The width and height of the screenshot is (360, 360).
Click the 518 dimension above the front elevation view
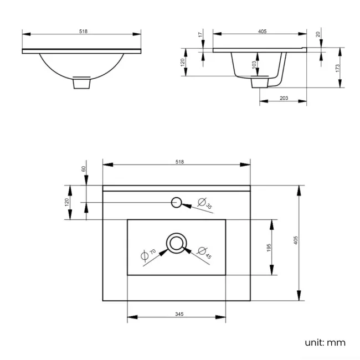pos(83,32)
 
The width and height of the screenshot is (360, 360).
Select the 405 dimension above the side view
pos(263,32)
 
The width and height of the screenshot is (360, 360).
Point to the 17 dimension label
pos(200,35)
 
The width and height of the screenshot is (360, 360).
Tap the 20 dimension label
pos(318,35)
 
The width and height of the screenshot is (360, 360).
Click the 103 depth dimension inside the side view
pos(254,65)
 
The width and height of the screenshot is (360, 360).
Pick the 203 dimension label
pos(284,98)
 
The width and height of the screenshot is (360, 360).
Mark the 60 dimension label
pos(84,169)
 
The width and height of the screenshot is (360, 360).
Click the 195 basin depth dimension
pos(268,248)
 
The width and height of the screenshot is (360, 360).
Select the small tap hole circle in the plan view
pos(177,202)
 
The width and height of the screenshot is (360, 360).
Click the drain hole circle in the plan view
pos(177,243)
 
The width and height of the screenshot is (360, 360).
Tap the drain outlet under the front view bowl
pos(82,83)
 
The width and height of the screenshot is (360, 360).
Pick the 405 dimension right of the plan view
pos(296,241)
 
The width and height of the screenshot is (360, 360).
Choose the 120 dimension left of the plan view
pos(67,202)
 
